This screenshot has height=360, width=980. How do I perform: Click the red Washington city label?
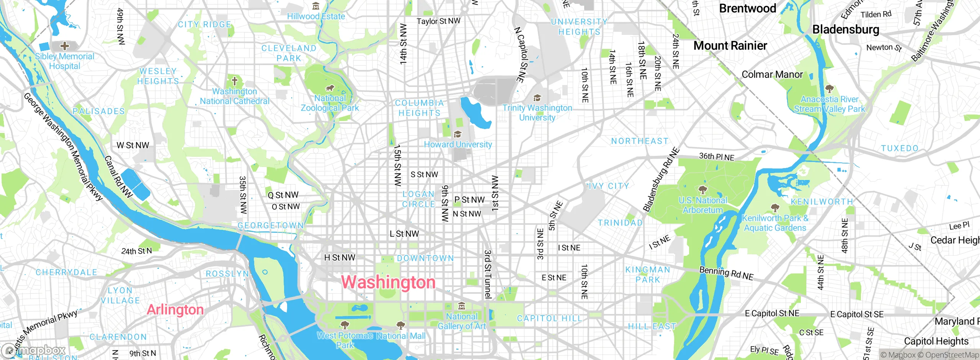pyautogui.click(x=388, y=282)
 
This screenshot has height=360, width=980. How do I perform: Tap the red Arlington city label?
pyautogui.click(x=175, y=309)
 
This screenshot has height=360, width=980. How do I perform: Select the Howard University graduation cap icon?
pyautogui.click(x=457, y=134)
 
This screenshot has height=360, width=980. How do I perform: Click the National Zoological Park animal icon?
pyautogui.click(x=330, y=88)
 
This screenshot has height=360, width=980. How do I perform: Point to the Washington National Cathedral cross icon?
pyautogui.click(x=235, y=81)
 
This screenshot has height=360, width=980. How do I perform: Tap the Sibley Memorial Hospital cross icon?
pyautogui.click(x=65, y=46)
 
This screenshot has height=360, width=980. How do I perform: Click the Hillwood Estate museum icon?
pyautogui.click(x=316, y=6)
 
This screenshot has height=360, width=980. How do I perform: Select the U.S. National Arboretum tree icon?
pyautogui.click(x=702, y=190)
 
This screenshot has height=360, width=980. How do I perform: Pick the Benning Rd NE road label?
pyautogui.click(x=726, y=273)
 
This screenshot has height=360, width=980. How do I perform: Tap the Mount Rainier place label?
pyautogui.click(x=730, y=46)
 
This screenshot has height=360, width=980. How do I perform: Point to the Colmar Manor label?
pyautogui.click(x=772, y=74)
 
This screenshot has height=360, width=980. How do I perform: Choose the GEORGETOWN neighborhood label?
pyautogui.click(x=270, y=226)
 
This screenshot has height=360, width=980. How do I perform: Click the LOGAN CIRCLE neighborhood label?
pyautogui.click(x=418, y=199)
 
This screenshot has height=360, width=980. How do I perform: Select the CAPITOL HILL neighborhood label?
pyautogui.click(x=549, y=318)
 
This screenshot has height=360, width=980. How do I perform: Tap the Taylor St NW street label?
pyautogui.click(x=438, y=21)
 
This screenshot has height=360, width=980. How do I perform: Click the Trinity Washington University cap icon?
pyautogui.click(x=537, y=98)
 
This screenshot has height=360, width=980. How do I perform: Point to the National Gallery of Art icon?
pyautogui.click(x=462, y=306)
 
